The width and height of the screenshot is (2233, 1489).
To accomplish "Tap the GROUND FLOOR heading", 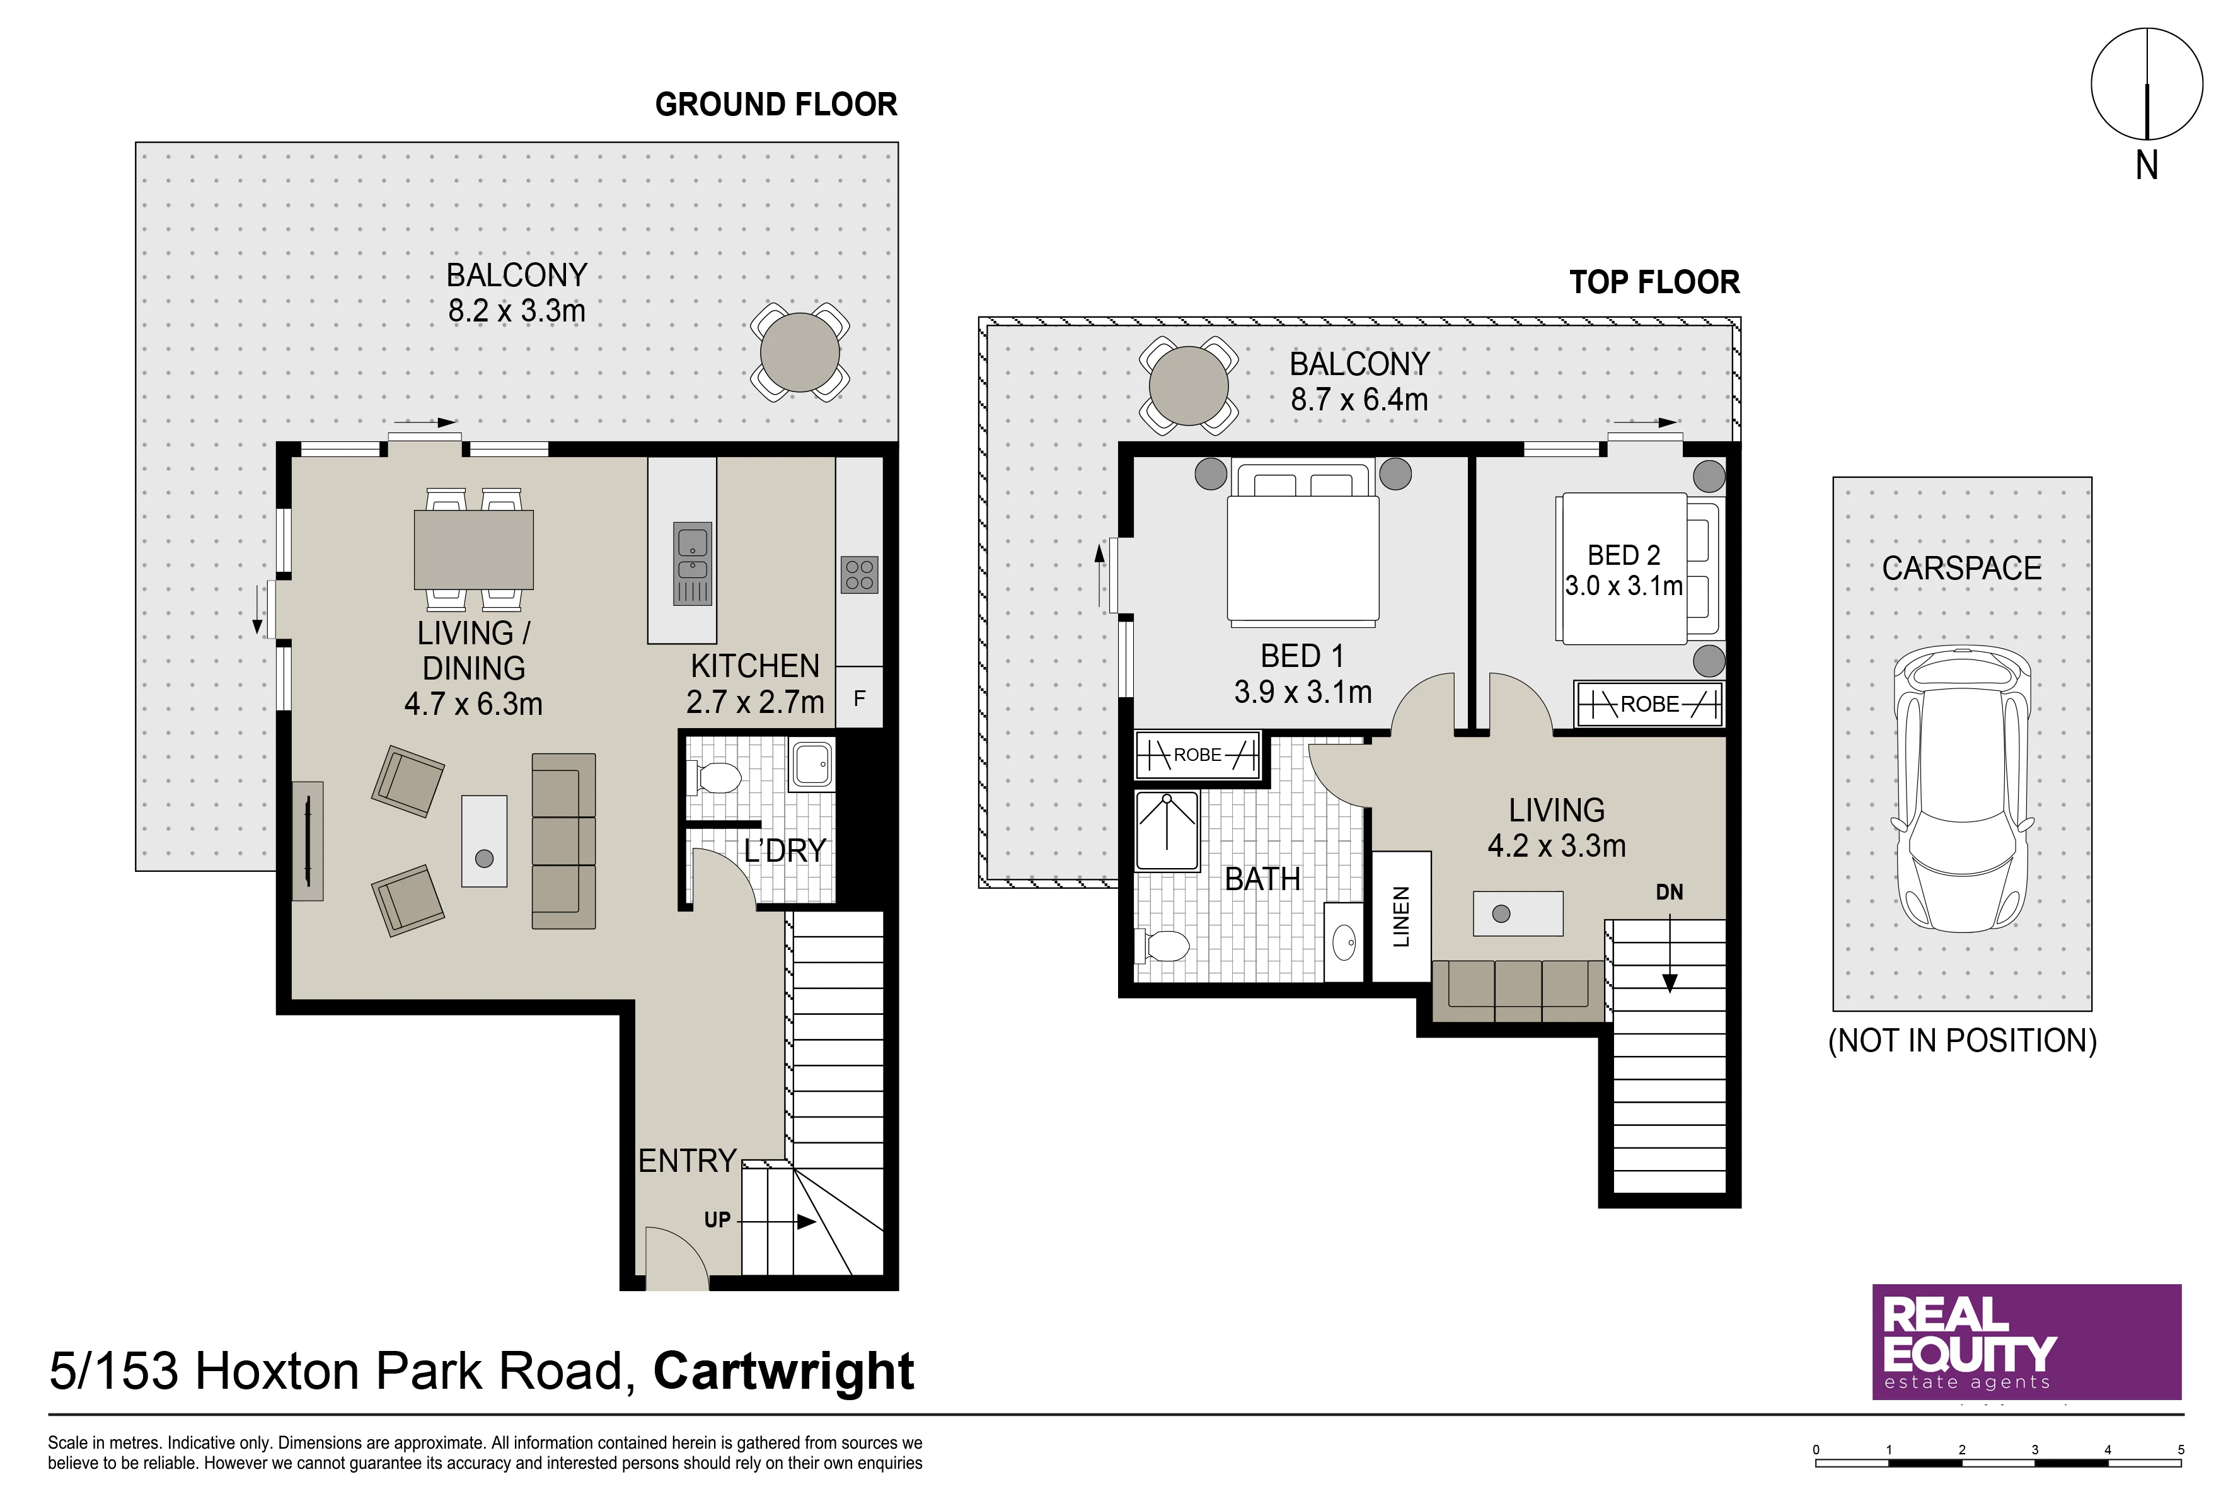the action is [776, 105].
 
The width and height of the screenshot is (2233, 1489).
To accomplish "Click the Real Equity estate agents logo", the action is [2026, 1342].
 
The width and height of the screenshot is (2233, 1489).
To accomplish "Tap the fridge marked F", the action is [859, 698].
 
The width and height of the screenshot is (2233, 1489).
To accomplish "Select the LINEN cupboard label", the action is [1401, 917].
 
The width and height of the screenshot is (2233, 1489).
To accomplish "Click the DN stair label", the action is [1669, 891].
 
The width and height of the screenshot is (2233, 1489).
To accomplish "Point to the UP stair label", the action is [717, 1219].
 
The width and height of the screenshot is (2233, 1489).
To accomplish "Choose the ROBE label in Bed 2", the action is [1649, 704].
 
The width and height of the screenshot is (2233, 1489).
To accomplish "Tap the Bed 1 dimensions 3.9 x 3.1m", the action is [1303, 692].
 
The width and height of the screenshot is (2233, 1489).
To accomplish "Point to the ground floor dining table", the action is [474, 550].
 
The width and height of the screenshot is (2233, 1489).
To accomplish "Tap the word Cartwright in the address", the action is [783, 1371].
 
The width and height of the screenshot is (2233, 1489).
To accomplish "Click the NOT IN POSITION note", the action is [1963, 1041].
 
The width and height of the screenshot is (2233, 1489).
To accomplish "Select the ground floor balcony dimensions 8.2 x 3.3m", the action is [516, 311].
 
